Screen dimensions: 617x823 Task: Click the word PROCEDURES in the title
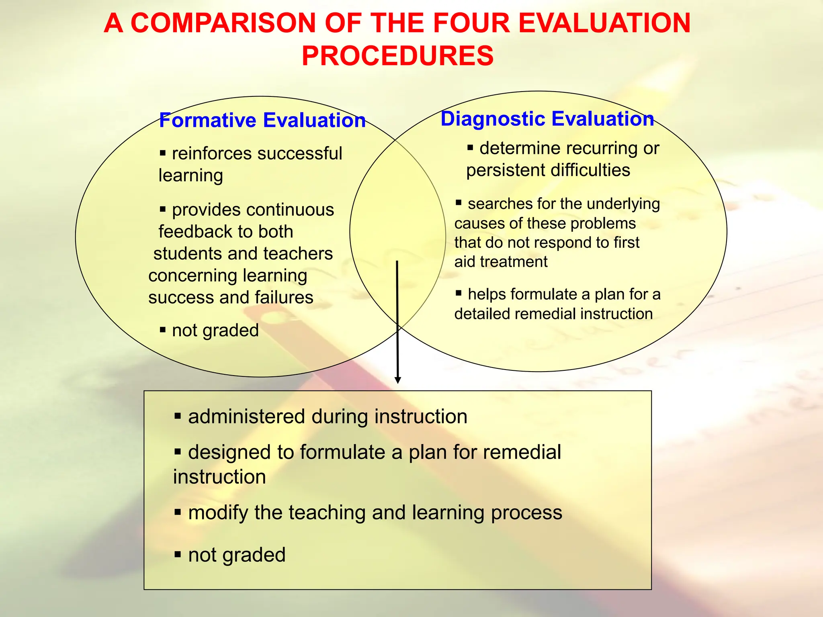[397, 56]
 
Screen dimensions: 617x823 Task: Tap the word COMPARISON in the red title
[223, 23]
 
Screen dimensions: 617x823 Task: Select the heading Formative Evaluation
[262, 120]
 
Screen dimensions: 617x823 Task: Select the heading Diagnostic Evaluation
[547, 119]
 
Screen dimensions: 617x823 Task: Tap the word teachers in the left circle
[298, 253]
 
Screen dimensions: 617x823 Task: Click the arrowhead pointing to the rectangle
[398, 380]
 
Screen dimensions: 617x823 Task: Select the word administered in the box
[246, 417]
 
